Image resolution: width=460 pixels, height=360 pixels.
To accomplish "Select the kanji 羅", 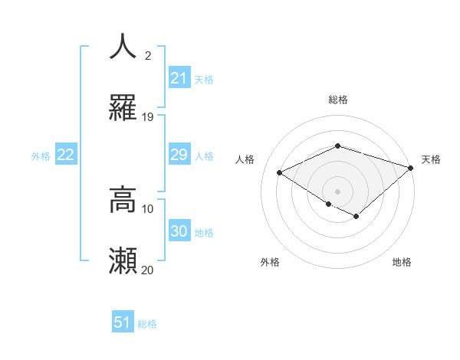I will pyautogui.click(x=123, y=109).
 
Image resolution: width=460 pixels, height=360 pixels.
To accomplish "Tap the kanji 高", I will pyautogui.click(x=123, y=200).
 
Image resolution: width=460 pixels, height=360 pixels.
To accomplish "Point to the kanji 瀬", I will pyautogui.click(x=123, y=261).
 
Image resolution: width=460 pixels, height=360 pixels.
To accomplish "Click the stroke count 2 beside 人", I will pyautogui.click(x=148, y=56).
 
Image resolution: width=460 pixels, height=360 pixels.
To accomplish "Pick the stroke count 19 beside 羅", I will pyautogui.click(x=148, y=117).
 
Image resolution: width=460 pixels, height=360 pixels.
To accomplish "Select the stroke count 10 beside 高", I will pyautogui.click(x=148, y=208).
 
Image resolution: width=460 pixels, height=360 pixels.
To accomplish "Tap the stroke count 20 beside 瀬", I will pyautogui.click(x=148, y=270).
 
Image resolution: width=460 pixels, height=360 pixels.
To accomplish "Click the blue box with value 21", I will pyautogui.click(x=179, y=78).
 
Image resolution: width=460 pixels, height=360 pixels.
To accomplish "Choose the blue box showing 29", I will pyautogui.click(x=179, y=155).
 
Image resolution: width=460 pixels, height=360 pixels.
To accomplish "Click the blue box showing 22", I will pyautogui.click(x=66, y=155).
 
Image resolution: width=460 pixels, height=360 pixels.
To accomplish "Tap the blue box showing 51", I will pyautogui.click(x=123, y=322).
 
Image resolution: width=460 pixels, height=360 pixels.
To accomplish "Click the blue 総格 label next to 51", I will pyautogui.click(x=147, y=324).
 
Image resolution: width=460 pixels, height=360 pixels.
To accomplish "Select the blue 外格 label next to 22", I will pyautogui.click(x=41, y=156).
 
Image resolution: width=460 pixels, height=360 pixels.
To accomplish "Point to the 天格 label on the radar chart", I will pyautogui.click(x=431, y=159).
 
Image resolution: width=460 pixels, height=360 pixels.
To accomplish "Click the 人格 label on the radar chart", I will pyautogui.click(x=245, y=159).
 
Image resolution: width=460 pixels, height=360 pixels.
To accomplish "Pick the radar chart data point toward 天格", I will pyautogui.click(x=412, y=167).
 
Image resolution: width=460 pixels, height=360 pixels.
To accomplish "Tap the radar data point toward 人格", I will pyautogui.click(x=280, y=173).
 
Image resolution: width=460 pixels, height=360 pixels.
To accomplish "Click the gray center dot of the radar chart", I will pyautogui.click(x=337, y=190).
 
